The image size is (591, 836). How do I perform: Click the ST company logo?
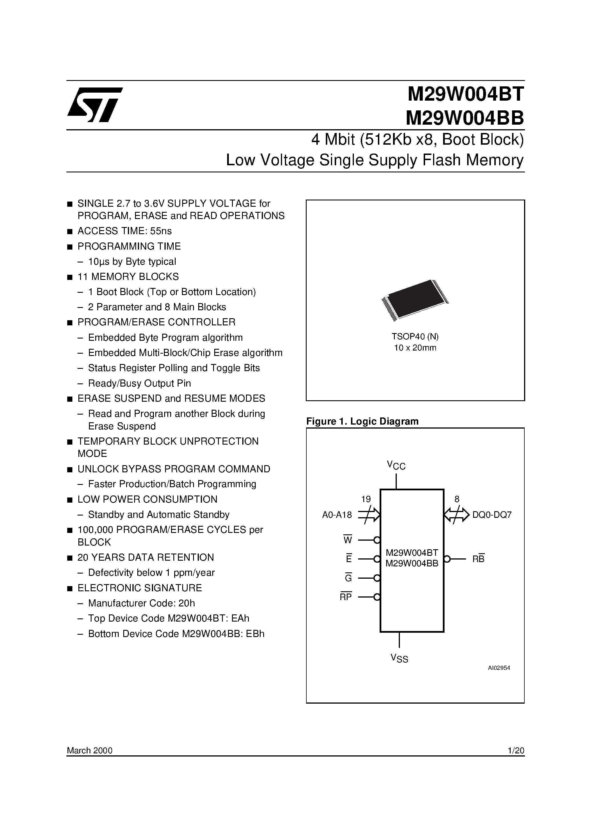click(x=95, y=105)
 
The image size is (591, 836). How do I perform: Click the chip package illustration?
click(x=415, y=300)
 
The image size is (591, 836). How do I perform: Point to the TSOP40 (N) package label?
click(x=415, y=337)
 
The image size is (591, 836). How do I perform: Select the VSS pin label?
click(x=399, y=658)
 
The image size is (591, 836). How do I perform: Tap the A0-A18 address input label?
click(x=337, y=515)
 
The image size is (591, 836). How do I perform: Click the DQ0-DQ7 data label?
click(x=492, y=515)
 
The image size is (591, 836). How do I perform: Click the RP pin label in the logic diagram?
click(x=346, y=597)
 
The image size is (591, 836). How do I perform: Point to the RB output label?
click(x=478, y=559)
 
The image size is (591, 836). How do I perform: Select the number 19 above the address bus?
click(x=366, y=499)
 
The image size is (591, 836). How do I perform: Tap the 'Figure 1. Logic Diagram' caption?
click(x=362, y=421)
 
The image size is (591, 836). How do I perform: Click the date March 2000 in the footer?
click(x=90, y=751)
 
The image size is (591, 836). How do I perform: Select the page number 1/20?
click(x=516, y=751)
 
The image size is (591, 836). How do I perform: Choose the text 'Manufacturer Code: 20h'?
click(x=141, y=603)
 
